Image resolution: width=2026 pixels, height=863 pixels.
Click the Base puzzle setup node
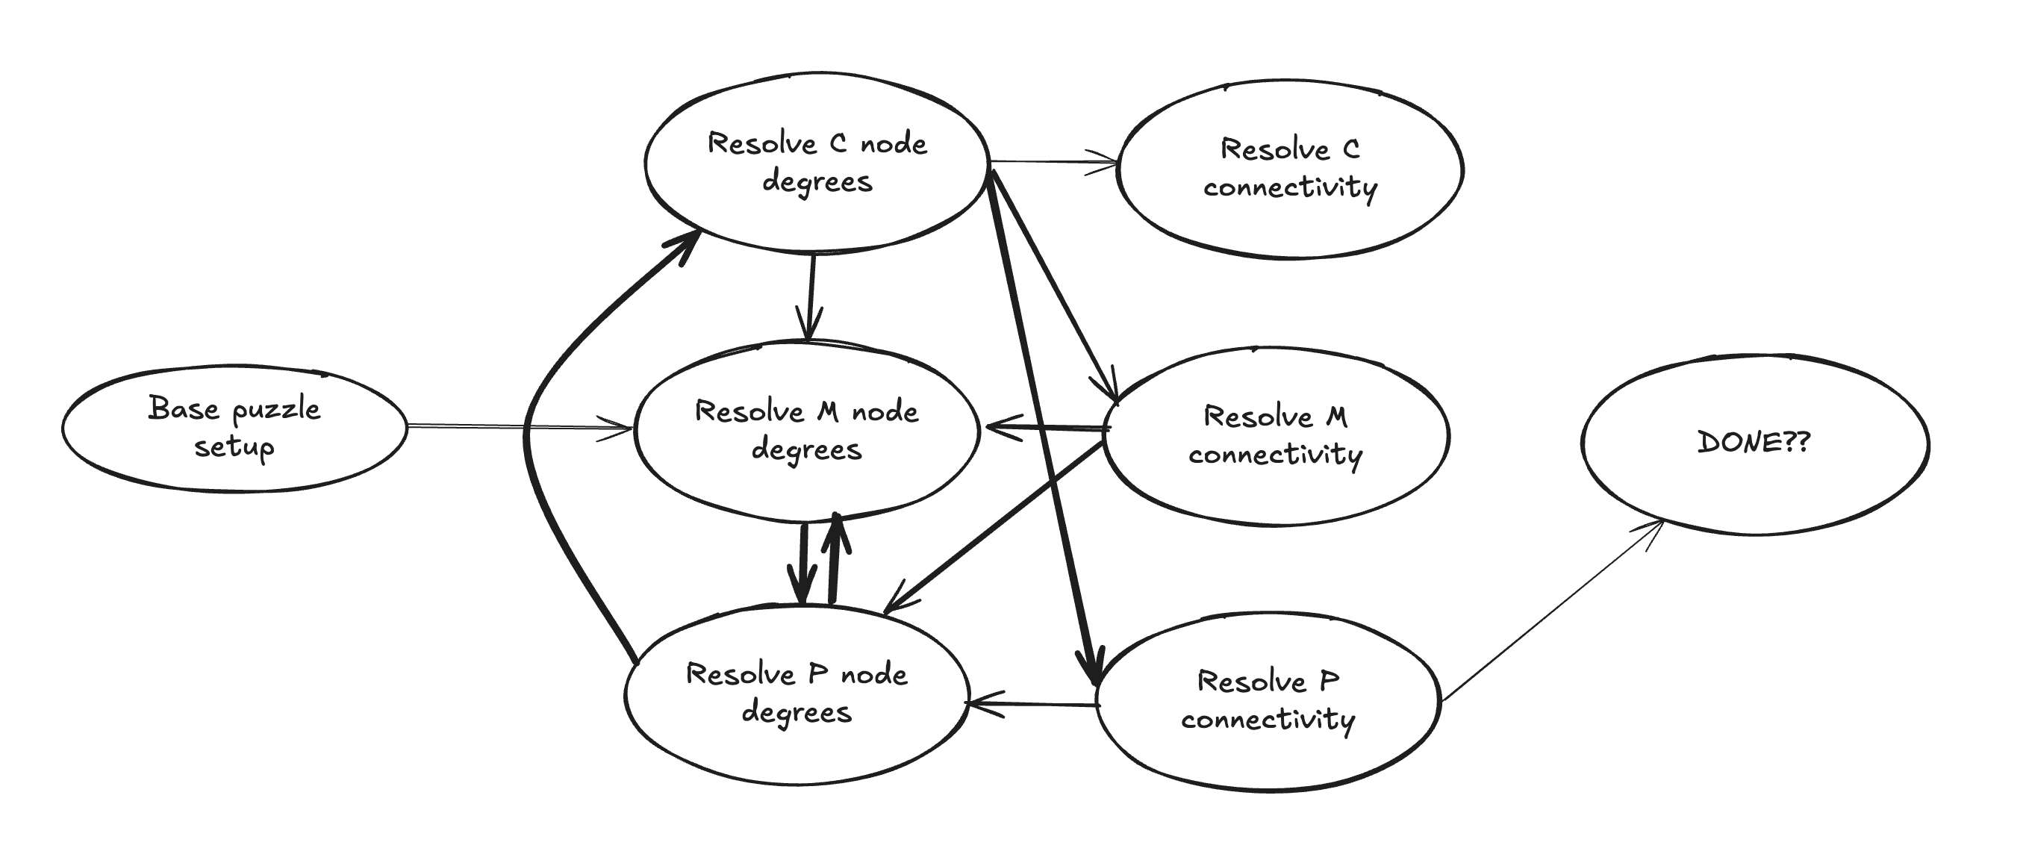(234, 429)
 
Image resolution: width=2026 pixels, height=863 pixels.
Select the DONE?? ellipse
(1754, 443)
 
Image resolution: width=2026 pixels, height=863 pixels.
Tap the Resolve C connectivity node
(1290, 169)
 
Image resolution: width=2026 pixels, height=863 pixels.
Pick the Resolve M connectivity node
(1276, 436)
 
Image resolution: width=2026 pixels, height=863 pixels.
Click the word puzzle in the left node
(276, 410)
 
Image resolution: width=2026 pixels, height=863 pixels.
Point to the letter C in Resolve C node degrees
(838, 143)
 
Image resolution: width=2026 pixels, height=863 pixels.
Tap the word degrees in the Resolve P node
(796, 713)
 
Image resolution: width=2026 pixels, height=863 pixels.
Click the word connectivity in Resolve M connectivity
(1275, 455)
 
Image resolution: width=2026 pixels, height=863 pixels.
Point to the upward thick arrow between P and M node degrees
(835, 558)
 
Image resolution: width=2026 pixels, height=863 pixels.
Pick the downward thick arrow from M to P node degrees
(802, 562)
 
